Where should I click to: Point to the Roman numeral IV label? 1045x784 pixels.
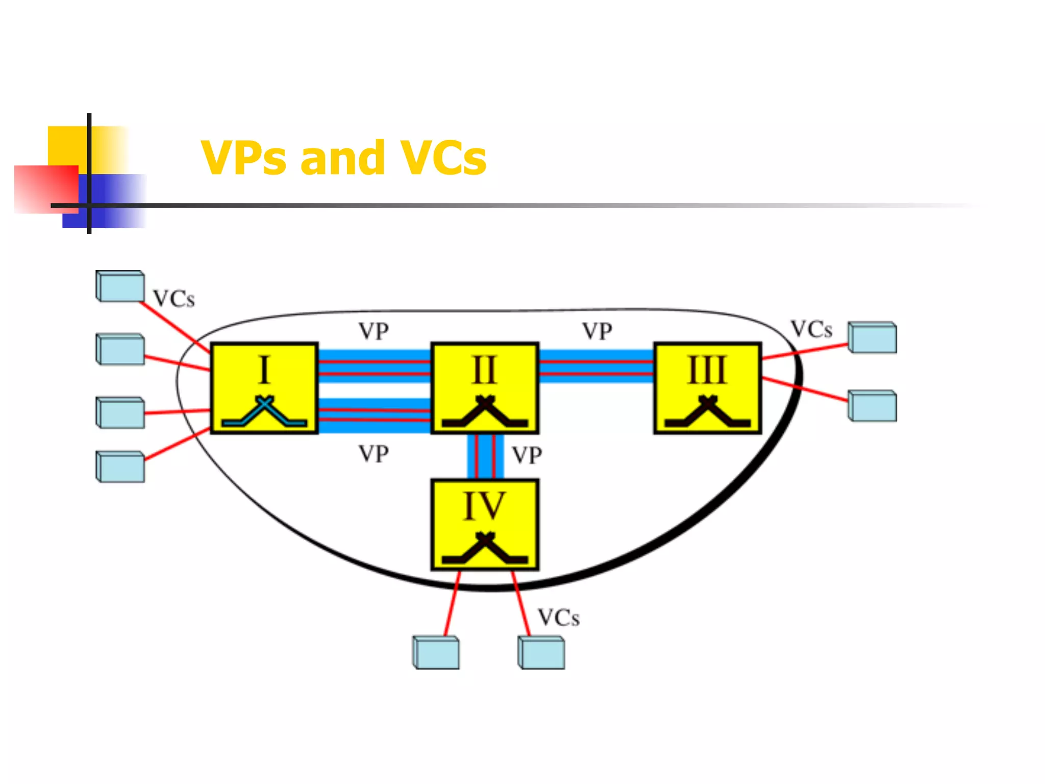coord(484,506)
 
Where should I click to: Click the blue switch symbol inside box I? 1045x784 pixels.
coord(264,412)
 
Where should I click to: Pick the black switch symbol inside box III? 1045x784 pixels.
coord(708,412)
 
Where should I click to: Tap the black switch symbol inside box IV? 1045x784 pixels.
coord(485,548)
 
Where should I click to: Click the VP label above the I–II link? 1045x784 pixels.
coord(374,332)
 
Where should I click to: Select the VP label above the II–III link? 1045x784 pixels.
coord(597,332)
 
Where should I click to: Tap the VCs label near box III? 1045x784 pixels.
coord(811,330)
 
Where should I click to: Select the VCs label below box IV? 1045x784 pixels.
coord(559,618)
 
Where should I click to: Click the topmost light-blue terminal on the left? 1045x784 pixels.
coord(120,286)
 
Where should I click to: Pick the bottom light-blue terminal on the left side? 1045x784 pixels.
coord(120,467)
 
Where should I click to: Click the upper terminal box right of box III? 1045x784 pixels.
coord(873,337)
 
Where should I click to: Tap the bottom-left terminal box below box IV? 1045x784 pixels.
coord(436,652)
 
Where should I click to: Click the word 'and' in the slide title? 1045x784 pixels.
coord(342,158)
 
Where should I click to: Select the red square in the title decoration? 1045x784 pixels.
coord(46,189)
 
